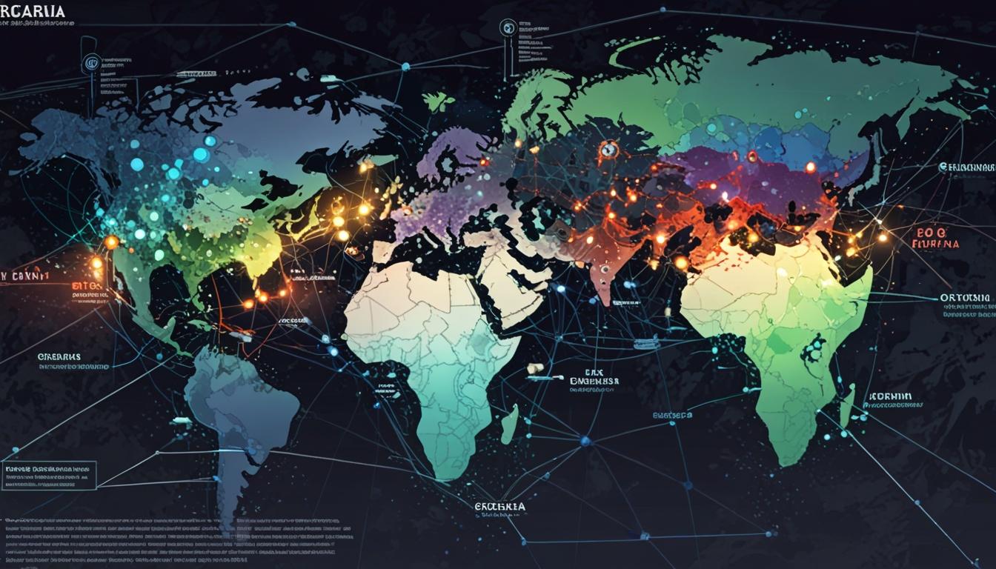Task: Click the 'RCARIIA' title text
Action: [33, 13]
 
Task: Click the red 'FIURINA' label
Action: [935, 243]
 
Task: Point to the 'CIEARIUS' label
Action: [60, 356]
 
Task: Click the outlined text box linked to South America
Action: [50, 476]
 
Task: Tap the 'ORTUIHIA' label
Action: [964, 298]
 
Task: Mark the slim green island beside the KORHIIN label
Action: [848, 405]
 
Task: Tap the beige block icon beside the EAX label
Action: [534, 368]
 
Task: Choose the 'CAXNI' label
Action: [25, 276]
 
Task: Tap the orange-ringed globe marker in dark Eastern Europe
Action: [608, 150]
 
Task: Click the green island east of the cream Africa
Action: [509, 425]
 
